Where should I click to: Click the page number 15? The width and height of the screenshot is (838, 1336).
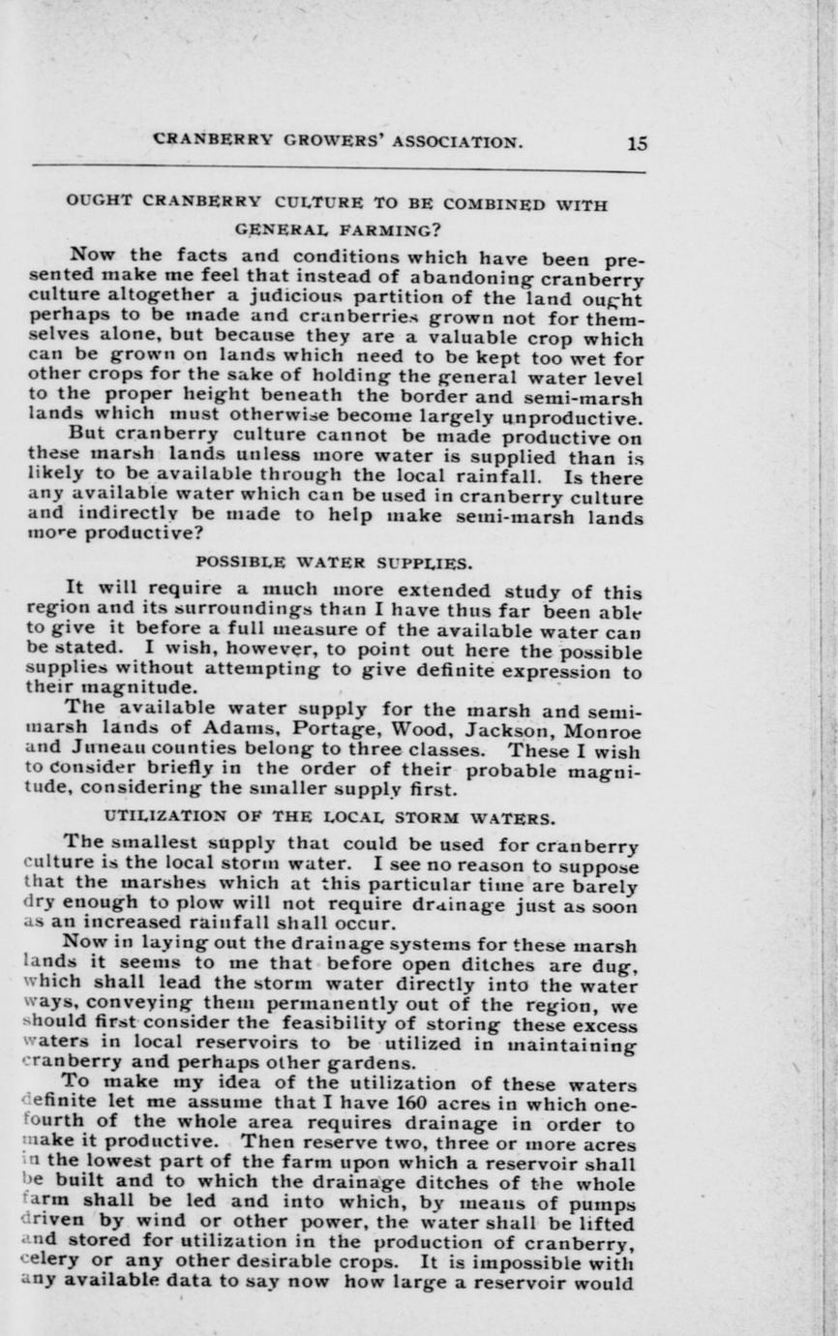point(637,143)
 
